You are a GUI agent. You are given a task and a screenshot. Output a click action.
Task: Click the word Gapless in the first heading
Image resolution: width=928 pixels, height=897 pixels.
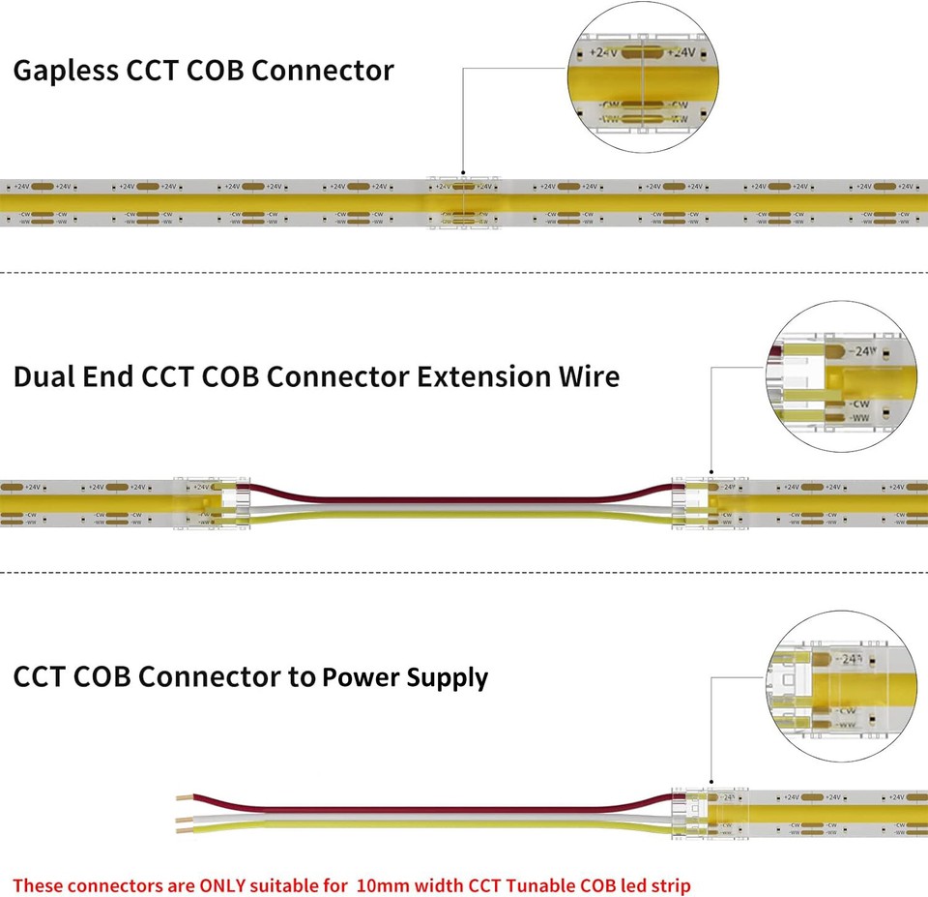[65, 72]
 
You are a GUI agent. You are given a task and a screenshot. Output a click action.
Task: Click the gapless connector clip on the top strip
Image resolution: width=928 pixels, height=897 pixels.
[464, 204]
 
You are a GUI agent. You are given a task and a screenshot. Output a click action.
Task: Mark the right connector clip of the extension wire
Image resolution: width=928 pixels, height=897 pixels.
[710, 504]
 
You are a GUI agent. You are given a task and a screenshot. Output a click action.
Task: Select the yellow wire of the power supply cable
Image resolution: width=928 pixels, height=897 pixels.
[435, 825]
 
